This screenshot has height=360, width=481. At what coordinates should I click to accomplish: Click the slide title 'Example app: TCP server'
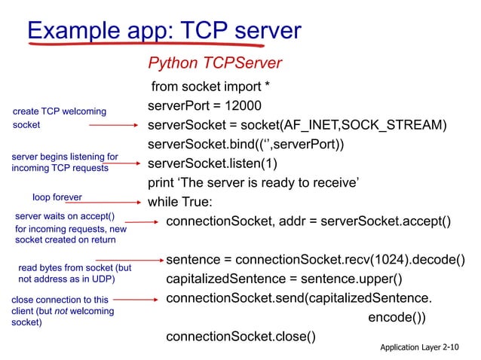pos(164,30)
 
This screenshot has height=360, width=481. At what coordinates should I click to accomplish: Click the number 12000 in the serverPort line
pos(240,105)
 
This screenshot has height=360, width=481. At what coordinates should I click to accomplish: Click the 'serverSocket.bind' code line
pos(246,144)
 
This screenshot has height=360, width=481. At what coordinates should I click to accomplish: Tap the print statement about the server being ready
pos(253,182)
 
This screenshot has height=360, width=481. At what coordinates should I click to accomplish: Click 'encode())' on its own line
pos(397,317)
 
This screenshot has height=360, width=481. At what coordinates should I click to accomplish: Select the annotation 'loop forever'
pos(57,197)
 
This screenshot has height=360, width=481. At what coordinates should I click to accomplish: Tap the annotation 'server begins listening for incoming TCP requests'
pos(64,163)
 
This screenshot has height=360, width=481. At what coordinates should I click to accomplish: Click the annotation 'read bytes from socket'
pos(74,273)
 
